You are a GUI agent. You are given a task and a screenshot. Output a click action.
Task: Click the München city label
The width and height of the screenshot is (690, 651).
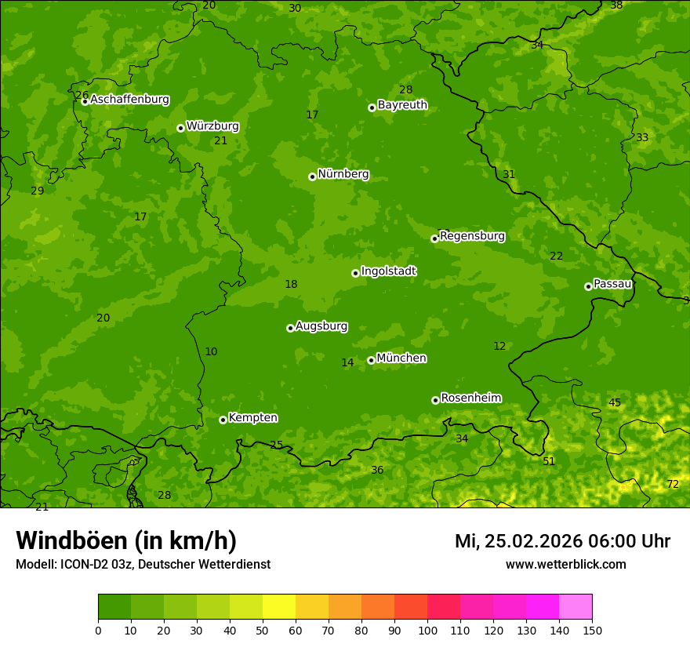(x=401, y=358)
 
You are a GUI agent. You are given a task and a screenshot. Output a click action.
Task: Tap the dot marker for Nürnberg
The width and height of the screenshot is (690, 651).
(x=312, y=176)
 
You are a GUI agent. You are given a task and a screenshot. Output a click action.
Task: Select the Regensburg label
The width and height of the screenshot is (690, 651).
(x=472, y=236)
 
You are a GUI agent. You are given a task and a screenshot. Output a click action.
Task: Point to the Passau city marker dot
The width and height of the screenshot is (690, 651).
(x=588, y=286)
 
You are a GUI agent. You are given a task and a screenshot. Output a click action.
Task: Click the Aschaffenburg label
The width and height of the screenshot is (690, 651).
(x=129, y=100)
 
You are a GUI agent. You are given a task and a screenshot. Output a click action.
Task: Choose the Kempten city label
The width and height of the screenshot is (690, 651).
(x=252, y=418)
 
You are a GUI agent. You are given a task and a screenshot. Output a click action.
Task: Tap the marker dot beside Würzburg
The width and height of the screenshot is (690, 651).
(x=180, y=128)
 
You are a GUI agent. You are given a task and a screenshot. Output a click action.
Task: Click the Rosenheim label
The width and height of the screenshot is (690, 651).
(x=470, y=398)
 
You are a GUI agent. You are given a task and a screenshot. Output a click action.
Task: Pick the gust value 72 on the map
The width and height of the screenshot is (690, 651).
(x=673, y=485)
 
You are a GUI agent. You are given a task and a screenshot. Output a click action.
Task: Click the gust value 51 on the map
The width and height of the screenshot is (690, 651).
(x=549, y=461)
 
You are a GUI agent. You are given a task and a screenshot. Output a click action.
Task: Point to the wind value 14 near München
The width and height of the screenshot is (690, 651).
(x=347, y=363)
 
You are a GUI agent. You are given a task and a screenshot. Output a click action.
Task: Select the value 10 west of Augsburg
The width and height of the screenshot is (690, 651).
(x=211, y=352)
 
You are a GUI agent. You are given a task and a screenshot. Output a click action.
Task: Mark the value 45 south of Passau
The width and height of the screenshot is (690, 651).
(x=615, y=403)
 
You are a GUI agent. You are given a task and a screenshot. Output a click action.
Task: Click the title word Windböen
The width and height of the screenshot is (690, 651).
(x=71, y=540)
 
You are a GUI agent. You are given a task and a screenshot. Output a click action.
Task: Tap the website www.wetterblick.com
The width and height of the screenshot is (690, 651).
(x=565, y=565)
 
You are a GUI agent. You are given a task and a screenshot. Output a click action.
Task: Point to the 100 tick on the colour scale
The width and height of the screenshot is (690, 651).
(x=427, y=630)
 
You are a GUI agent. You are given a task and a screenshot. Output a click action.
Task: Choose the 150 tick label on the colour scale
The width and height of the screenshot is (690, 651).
(x=592, y=630)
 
